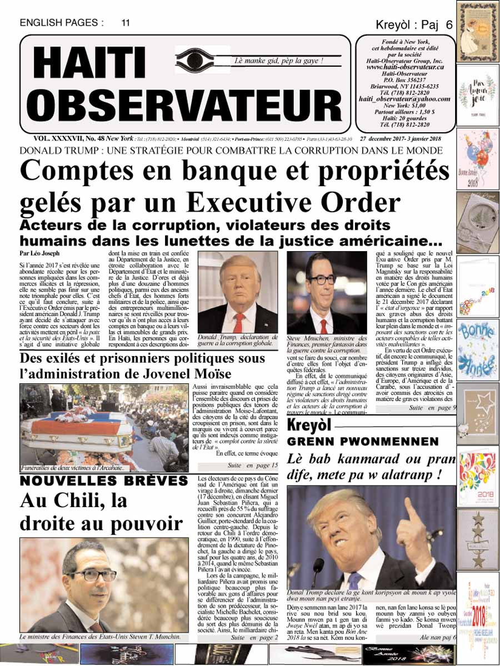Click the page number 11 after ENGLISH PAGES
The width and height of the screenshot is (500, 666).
[126, 23]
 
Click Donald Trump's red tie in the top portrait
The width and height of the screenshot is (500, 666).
[238, 321]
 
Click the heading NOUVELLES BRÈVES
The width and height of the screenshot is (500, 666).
[103, 479]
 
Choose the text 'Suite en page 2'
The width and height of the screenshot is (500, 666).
[254, 637]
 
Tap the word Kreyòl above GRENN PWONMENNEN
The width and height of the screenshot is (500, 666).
[309, 426]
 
